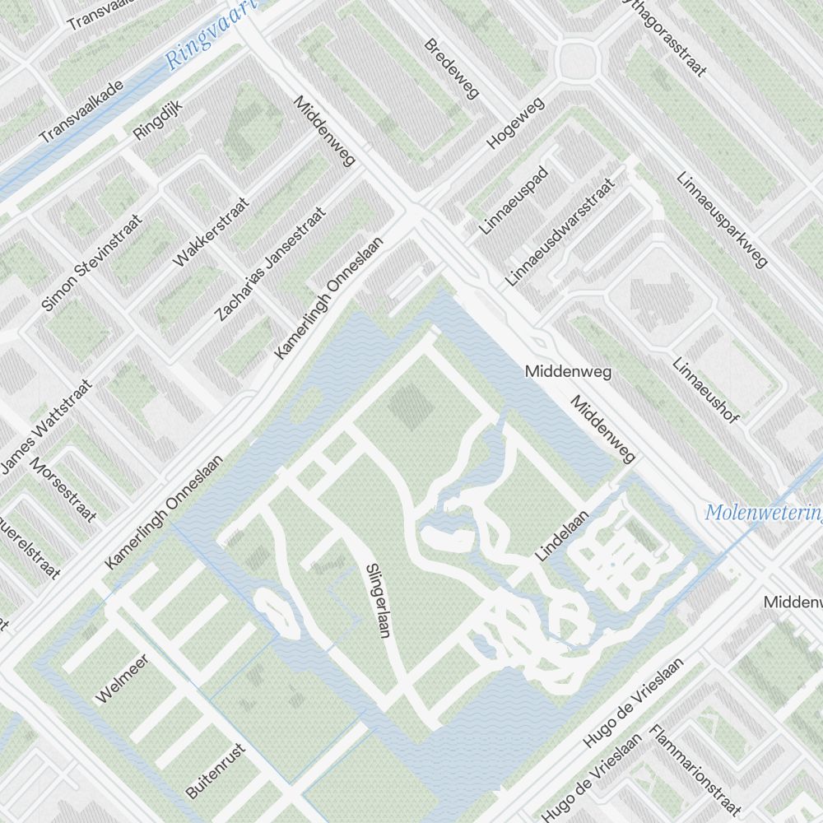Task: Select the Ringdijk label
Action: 156,118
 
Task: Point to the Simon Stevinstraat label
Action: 91,263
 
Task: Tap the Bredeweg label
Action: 452,68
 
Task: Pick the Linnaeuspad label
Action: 514,200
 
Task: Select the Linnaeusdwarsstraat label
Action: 560,232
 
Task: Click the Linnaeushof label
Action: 705,390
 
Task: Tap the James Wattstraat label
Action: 46,425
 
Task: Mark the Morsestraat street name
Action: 64,490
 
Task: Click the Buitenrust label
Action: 216,770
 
